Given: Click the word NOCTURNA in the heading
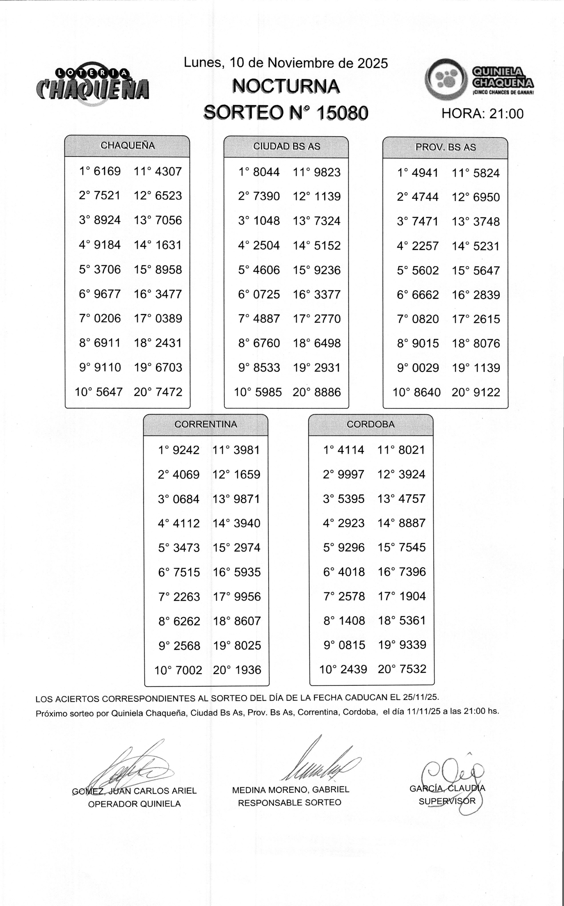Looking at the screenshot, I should point(286,87).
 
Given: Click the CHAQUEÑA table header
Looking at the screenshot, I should point(127,146).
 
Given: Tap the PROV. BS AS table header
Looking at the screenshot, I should point(445,147).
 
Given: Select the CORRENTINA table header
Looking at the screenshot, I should point(205,424).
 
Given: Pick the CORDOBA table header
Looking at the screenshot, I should point(370,424).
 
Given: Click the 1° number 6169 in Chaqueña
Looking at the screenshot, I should point(107,171).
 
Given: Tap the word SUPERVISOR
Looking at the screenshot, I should point(447,802).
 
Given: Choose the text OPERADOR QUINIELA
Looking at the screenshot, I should point(134,804).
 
